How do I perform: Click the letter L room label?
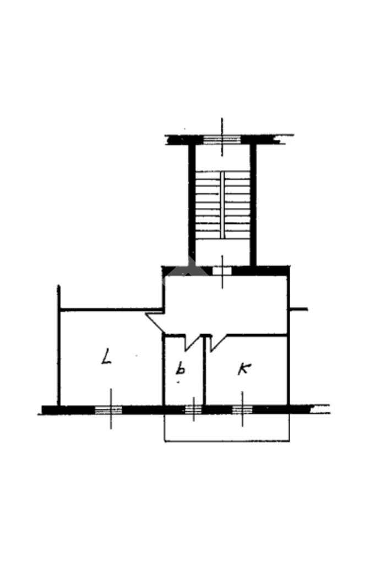106,356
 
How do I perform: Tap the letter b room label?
180,368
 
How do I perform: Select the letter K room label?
244,369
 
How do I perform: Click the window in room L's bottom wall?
108,409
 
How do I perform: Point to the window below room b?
194,409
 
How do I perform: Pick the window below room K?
242,409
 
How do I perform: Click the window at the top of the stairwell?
222,140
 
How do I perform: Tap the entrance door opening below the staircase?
222,271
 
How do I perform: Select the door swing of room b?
192,342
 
